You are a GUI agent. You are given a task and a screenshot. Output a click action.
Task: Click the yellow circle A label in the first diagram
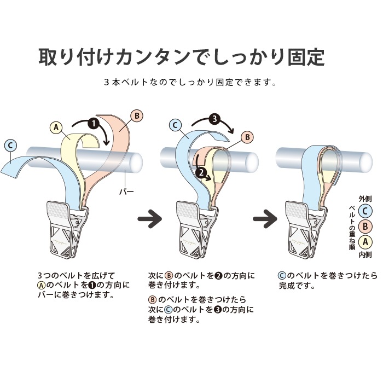point(56,127)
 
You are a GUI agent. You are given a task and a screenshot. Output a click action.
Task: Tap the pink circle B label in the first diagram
point(137,116)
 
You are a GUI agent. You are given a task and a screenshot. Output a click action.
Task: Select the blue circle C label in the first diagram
point(10,146)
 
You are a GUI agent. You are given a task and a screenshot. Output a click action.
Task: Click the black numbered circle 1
point(94,123)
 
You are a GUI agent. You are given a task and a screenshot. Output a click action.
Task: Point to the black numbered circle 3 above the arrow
point(214,119)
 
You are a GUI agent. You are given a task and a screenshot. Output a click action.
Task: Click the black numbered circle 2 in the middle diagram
point(201,173)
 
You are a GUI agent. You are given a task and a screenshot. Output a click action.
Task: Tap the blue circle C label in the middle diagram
point(175,125)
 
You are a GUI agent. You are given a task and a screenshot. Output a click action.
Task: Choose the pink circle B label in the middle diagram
point(247,137)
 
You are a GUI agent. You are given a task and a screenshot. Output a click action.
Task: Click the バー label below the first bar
point(126,191)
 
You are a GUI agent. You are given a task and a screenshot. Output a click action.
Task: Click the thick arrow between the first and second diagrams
point(150,218)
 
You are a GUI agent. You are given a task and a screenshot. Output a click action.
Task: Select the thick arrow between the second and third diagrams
point(265,218)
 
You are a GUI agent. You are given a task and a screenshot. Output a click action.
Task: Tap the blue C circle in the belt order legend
point(365,211)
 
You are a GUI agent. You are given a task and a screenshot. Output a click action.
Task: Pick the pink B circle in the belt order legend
point(365,227)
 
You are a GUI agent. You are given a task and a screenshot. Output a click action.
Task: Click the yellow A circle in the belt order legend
point(365,242)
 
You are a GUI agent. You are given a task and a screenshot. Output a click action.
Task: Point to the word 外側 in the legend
point(365,199)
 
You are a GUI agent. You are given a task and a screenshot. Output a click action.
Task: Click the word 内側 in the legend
point(365,254)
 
